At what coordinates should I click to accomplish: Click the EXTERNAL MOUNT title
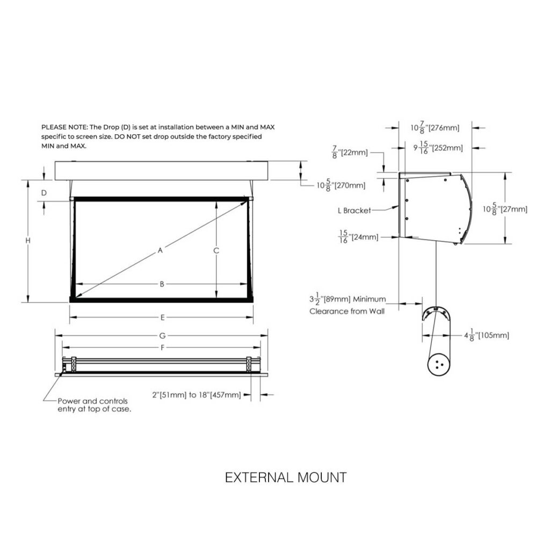[285, 477]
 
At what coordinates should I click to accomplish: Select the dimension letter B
[162, 284]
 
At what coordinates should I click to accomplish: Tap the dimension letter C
[216, 250]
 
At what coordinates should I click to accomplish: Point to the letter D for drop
[44, 192]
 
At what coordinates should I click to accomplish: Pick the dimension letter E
[162, 317]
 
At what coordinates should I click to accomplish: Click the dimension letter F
[162, 348]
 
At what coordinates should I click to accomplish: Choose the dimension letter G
[162, 336]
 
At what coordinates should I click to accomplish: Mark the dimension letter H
[27, 241]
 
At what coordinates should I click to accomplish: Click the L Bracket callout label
[354, 211]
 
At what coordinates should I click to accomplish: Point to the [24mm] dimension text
[364, 236]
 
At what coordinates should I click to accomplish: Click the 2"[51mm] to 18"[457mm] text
[196, 395]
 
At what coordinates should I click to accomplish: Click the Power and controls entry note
[94, 404]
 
